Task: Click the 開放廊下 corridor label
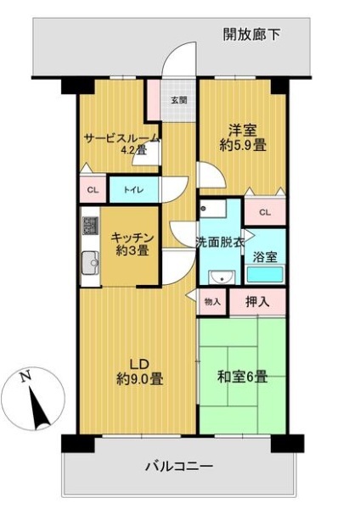click(251, 34)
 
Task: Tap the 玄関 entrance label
click(179, 100)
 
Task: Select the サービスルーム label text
click(122, 138)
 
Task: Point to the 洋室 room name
click(243, 131)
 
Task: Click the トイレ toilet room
click(134, 190)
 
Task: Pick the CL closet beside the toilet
click(93, 190)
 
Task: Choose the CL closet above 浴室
click(265, 212)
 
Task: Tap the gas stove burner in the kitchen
click(90, 226)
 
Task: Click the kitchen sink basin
click(90, 262)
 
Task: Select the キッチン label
click(132, 238)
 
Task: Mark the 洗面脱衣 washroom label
click(220, 242)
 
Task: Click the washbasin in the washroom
click(222, 277)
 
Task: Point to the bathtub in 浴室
click(265, 275)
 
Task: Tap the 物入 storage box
click(212, 302)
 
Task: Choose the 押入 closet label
click(257, 302)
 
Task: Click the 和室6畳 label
click(242, 378)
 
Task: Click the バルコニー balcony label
click(179, 467)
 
